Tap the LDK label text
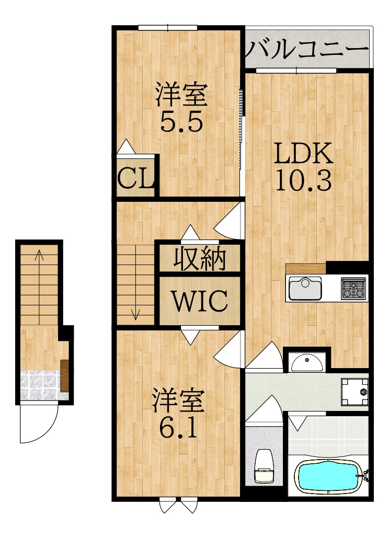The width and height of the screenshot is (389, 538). pyautogui.click(x=303, y=153)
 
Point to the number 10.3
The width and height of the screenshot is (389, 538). pyautogui.click(x=303, y=180)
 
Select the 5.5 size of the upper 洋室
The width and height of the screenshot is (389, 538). pyautogui.click(x=181, y=121)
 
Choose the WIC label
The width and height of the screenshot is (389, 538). pyautogui.click(x=200, y=301)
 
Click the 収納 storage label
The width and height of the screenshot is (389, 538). pyautogui.click(x=200, y=259)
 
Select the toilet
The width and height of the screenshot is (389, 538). pyautogui.click(x=264, y=466)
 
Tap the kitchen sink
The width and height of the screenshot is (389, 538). pyautogui.click(x=305, y=288)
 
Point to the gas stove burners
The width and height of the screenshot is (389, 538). pyautogui.click(x=352, y=288)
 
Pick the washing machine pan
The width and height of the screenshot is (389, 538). pyautogui.click(x=354, y=392)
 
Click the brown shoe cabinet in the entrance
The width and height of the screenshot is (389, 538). pyautogui.click(x=65, y=375)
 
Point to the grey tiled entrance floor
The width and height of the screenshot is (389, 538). pyautogui.click(x=40, y=385)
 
